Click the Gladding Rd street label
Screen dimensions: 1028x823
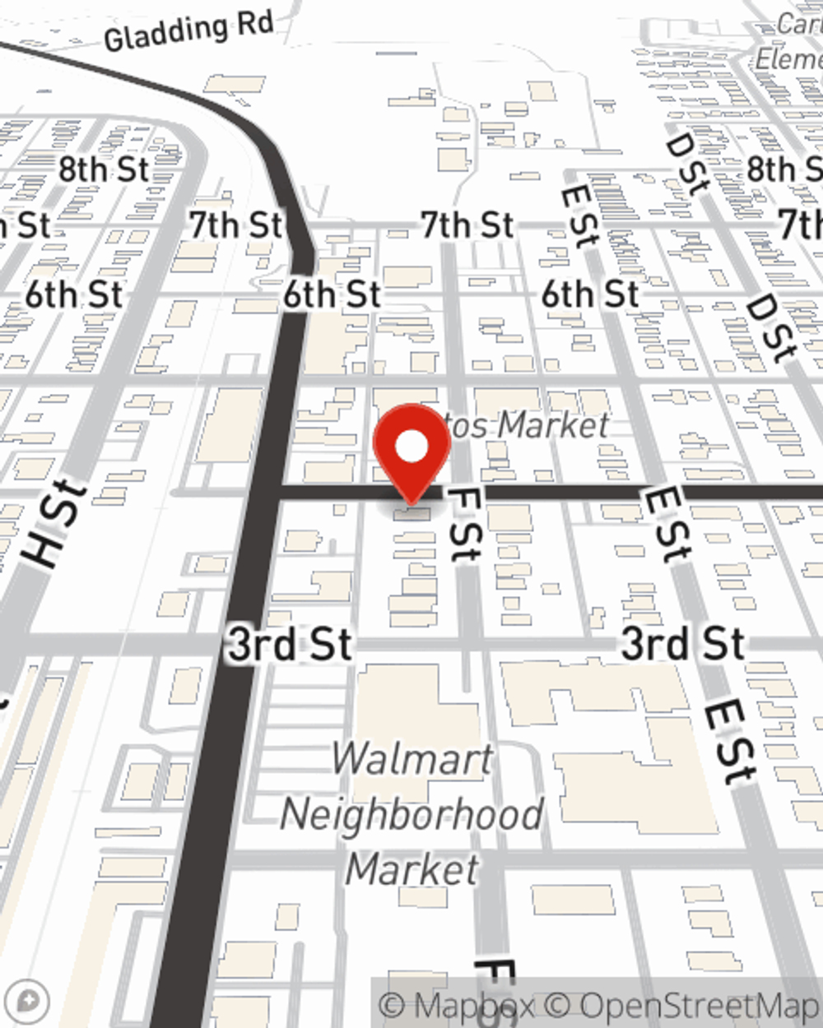[x=188, y=32]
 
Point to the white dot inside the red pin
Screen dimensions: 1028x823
[x=411, y=447]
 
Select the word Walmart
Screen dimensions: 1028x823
[x=412, y=759]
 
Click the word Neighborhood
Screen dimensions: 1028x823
[x=411, y=815]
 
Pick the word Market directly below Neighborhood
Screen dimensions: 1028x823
[x=411, y=869]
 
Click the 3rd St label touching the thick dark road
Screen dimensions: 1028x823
[x=290, y=644]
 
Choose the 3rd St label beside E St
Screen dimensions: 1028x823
[x=682, y=643]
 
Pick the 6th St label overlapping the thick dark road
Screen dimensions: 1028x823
[x=332, y=294]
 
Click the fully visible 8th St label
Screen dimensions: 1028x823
[x=104, y=169]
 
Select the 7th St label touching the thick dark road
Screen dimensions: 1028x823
[x=236, y=225]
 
